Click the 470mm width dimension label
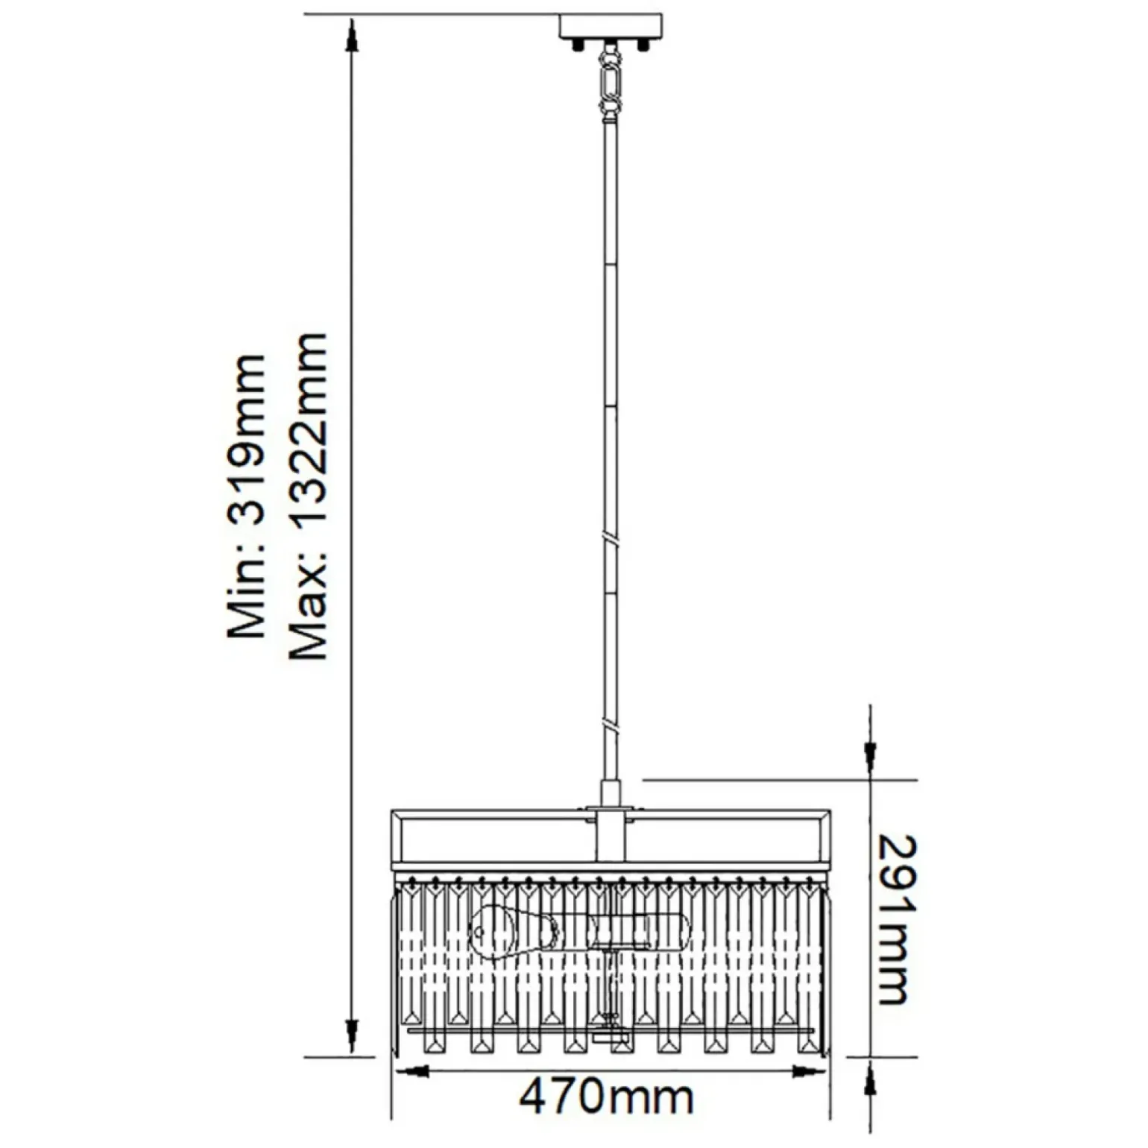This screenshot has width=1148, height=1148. click(x=606, y=1097)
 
